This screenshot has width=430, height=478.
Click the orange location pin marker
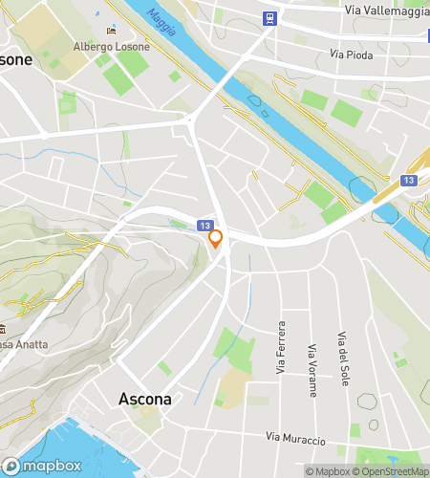pos(216,238)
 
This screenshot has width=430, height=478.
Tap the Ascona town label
pos(144,399)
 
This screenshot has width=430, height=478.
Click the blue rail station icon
pos(270,18)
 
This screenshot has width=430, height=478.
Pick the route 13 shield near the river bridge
pos(408,179)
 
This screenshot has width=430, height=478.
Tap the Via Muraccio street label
pos(297,439)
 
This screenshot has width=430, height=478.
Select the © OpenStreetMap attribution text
pos(392,471)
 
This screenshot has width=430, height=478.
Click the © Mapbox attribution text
pos(327,471)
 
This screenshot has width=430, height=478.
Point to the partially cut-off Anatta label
pos(16,344)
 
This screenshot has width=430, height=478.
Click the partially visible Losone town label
pos(14,59)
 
